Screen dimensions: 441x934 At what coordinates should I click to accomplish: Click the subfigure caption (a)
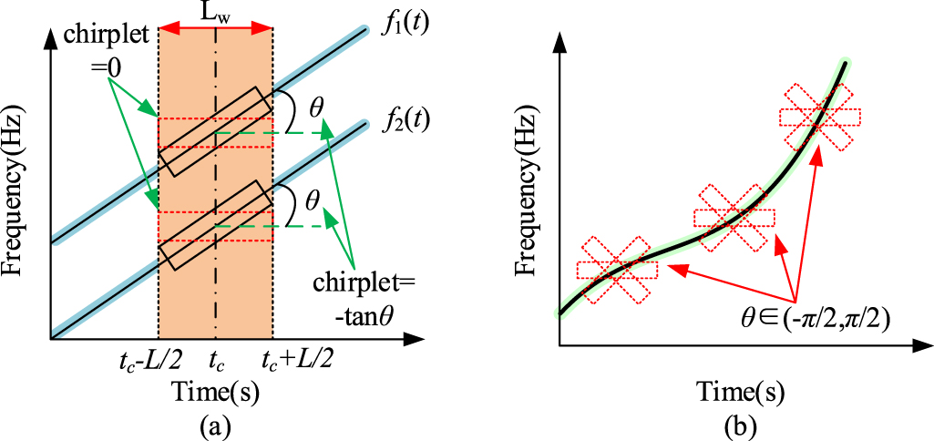click(x=215, y=424)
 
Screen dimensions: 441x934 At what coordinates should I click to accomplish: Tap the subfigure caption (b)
click(x=734, y=424)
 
